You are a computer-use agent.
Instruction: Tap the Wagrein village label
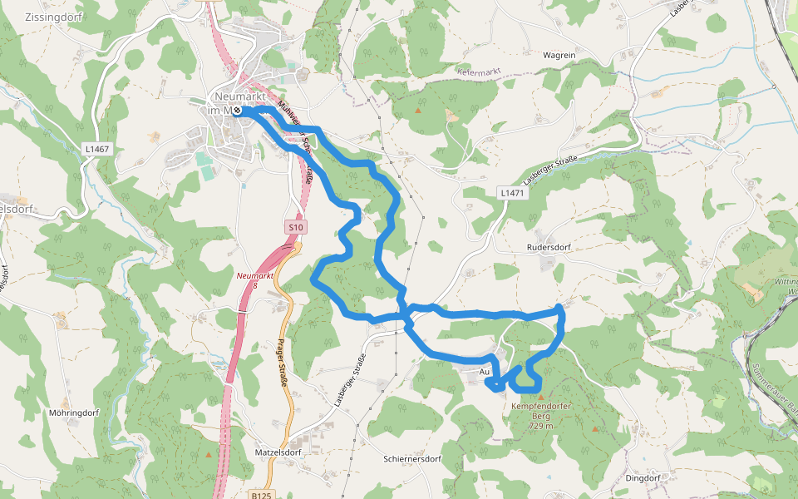[x=559, y=55]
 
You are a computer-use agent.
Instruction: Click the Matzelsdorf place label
[x=278, y=452]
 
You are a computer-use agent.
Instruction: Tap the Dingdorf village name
[x=642, y=478]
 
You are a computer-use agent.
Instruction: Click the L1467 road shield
[x=97, y=149]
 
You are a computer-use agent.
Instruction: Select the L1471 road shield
[x=513, y=192]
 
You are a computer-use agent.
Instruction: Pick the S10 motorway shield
[x=295, y=226]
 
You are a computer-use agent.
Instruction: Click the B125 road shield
[x=259, y=494]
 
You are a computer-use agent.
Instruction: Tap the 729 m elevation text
[x=540, y=426]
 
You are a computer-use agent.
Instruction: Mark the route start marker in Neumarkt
[x=237, y=110]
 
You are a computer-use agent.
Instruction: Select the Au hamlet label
[x=485, y=372]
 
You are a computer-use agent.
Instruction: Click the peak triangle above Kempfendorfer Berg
[x=540, y=398]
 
